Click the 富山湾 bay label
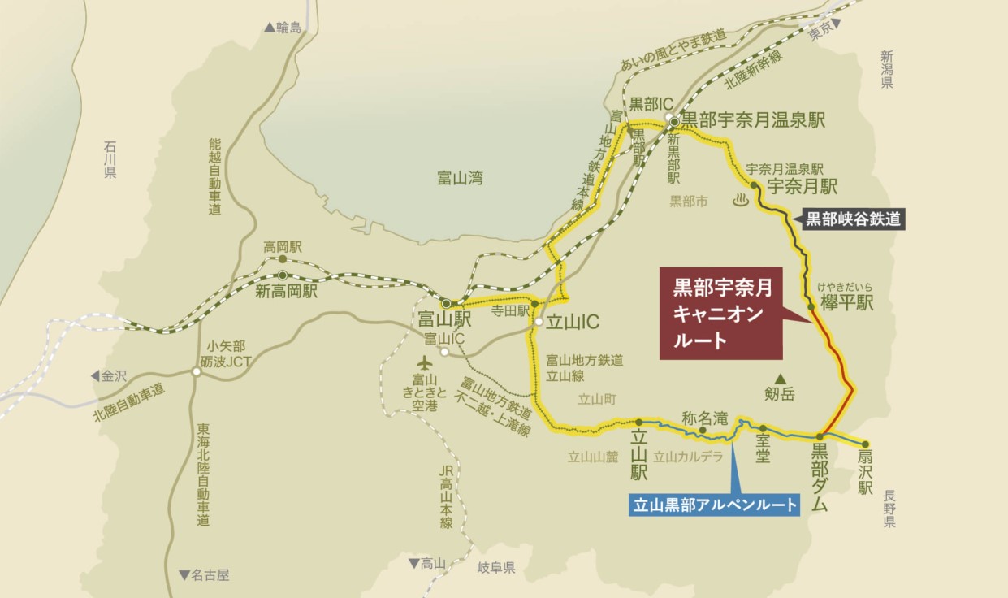point(458,178)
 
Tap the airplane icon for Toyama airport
point(424,362)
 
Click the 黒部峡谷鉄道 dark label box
point(853,219)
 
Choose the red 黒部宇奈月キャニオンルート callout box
point(721,313)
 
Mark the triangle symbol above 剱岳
point(780,379)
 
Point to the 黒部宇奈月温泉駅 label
point(752,121)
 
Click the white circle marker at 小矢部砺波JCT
point(197,371)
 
